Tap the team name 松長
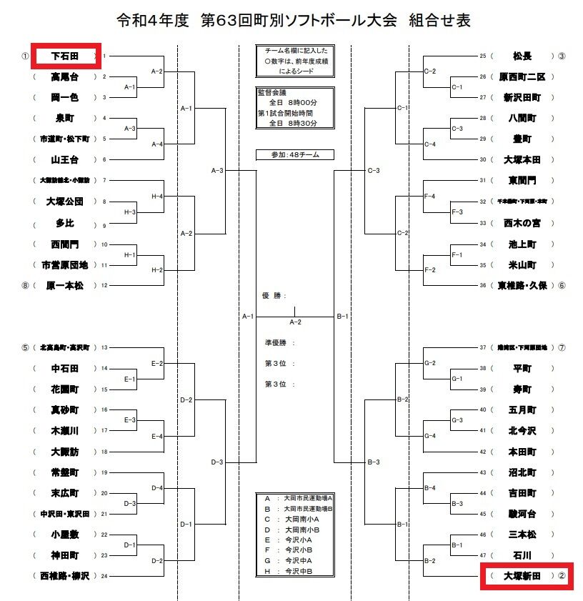coord(522,56)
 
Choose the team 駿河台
coord(522,514)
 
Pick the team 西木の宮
coord(522,223)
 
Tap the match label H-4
coord(157,196)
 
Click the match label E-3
coord(130,420)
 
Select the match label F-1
coord(457,254)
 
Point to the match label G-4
coord(430,435)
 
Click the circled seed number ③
coord(562,56)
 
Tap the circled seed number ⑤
coord(25,348)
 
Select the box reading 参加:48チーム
coord(294,154)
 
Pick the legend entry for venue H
coord(289,571)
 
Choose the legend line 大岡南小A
coord(293,520)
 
